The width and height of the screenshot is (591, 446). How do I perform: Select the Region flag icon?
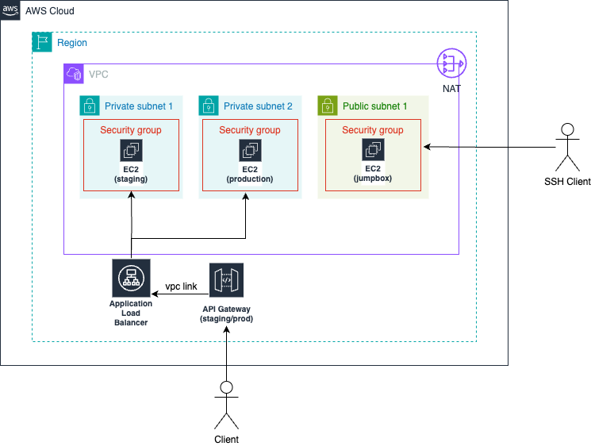[42, 42]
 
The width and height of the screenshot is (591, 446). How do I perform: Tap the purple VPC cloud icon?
[74, 74]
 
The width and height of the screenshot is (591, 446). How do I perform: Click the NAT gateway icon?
[451, 63]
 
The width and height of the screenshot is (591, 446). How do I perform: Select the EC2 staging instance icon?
[131, 151]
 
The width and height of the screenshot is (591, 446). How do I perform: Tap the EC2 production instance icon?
[250, 151]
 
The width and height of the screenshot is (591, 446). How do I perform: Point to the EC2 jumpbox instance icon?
[373, 151]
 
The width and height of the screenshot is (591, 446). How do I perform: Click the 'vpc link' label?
[181, 286]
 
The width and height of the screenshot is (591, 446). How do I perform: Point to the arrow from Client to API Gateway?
[227, 349]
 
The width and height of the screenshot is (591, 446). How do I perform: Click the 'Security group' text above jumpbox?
[373, 130]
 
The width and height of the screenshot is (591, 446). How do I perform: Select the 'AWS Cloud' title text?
[51, 11]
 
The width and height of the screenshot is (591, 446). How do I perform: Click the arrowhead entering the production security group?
[246, 195]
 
